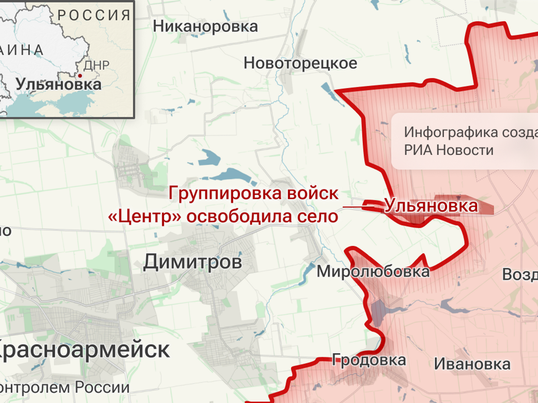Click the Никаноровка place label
tap(205, 26)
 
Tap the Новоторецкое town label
tap(300, 63)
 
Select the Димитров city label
tap(192, 262)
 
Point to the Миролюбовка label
tap(373, 271)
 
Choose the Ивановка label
tap(472, 364)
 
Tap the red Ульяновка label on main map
tap(431, 206)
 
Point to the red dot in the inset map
tap(80, 76)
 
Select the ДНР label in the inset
tap(96, 65)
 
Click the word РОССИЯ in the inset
tap(94, 15)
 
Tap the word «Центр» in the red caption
tap(145, 217)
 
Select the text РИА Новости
tap(448, 150)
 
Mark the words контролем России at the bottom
tap(65, 387)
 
